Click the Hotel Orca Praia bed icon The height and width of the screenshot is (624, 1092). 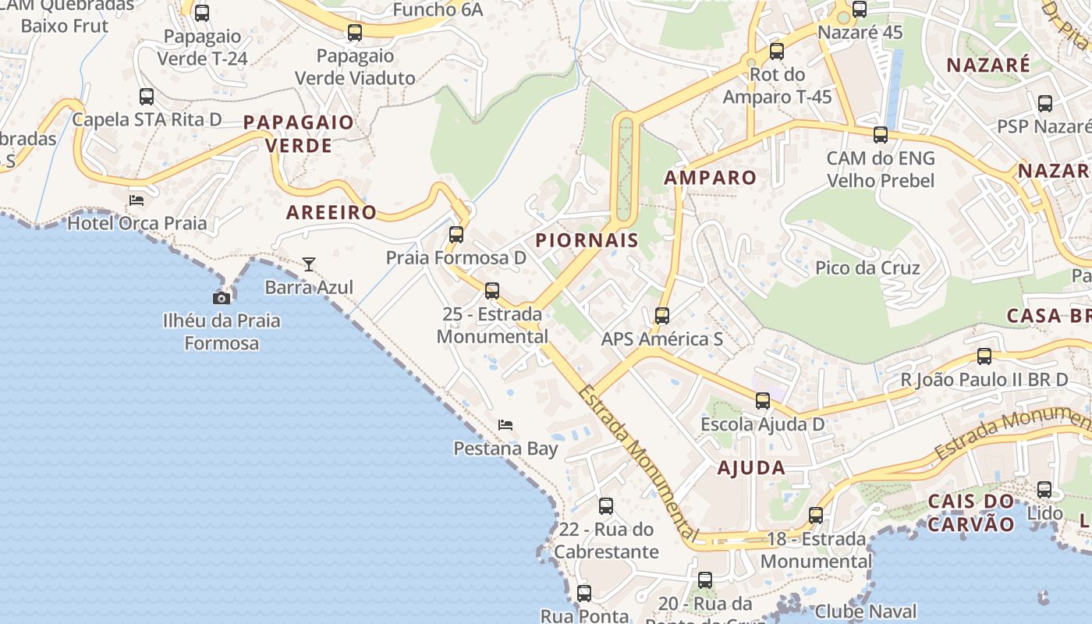[x=136, y=200]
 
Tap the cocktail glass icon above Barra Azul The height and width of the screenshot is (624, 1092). [x=309, y=264]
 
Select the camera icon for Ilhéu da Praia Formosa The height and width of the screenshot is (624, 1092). [x=222, y=297]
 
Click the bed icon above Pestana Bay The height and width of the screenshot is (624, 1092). [x=505, y=425]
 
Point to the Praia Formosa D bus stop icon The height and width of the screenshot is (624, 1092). [x=456, y=234]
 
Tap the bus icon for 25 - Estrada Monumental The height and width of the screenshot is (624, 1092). [x=492, y=291]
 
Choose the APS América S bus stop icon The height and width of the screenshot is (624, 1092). [x=662, y=316]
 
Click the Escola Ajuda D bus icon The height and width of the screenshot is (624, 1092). [x=763, y=401]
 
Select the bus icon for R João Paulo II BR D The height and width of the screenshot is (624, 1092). [x=984, y=356]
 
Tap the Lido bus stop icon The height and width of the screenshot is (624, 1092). [x=1044, y=490]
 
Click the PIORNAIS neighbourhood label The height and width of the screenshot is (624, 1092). [x=587, y=240]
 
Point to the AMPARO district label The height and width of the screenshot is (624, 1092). [x=710, y=178]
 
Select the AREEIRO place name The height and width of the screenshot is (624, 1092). [x=331, y=212]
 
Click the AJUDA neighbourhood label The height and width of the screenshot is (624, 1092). [x=750, y=468]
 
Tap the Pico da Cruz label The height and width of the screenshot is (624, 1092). [x=867, y=268]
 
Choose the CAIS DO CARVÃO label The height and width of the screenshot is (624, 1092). [x=971, y=512]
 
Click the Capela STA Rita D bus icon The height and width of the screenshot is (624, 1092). [x=147, y=97]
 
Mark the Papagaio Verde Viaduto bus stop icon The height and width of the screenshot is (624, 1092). [x=355, y=33]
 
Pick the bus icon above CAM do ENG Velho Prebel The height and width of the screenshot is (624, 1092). [x=881, y=135]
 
